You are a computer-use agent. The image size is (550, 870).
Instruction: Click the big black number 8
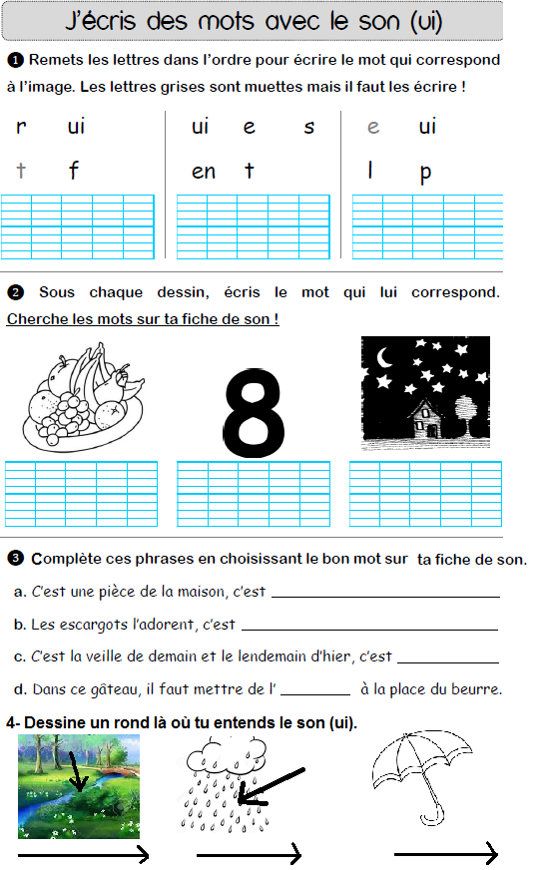pyautogui.click(x=254, y=409)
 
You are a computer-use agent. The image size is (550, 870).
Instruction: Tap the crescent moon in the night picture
pyautogui.click(x=382, y=357)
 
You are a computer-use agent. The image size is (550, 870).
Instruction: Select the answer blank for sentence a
pyautogui.click(x=385, y=597)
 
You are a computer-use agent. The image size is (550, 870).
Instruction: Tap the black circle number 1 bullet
pyautogui.click(x=15, y=60)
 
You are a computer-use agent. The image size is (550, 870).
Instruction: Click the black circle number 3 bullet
pyautogui.click(x=15, y=558)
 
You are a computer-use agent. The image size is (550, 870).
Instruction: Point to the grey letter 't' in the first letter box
pyautogui.click(x=21, y=171)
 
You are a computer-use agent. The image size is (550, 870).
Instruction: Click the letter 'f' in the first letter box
pyautogui.click(x=73, y=171)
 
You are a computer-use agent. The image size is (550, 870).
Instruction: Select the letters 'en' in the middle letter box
pyautogui.click(x=204, y=172)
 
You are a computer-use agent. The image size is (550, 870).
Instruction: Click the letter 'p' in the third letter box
pyautogui.click(x=426, y=173)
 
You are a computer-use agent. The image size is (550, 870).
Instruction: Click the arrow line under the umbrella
pyautogui.click(x=445, y=854)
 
